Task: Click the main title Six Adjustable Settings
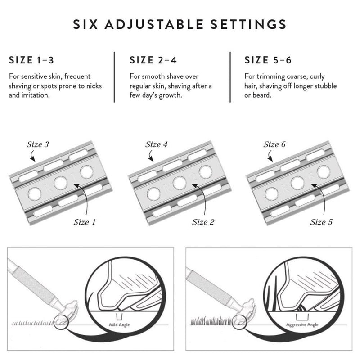point(180,24)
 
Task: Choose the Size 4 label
point(156,144)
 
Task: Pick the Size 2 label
point(203,222)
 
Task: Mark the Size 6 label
point(274,144)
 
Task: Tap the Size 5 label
point(321,222)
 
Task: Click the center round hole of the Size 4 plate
point(179,182)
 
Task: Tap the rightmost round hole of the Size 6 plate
point(323,171)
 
